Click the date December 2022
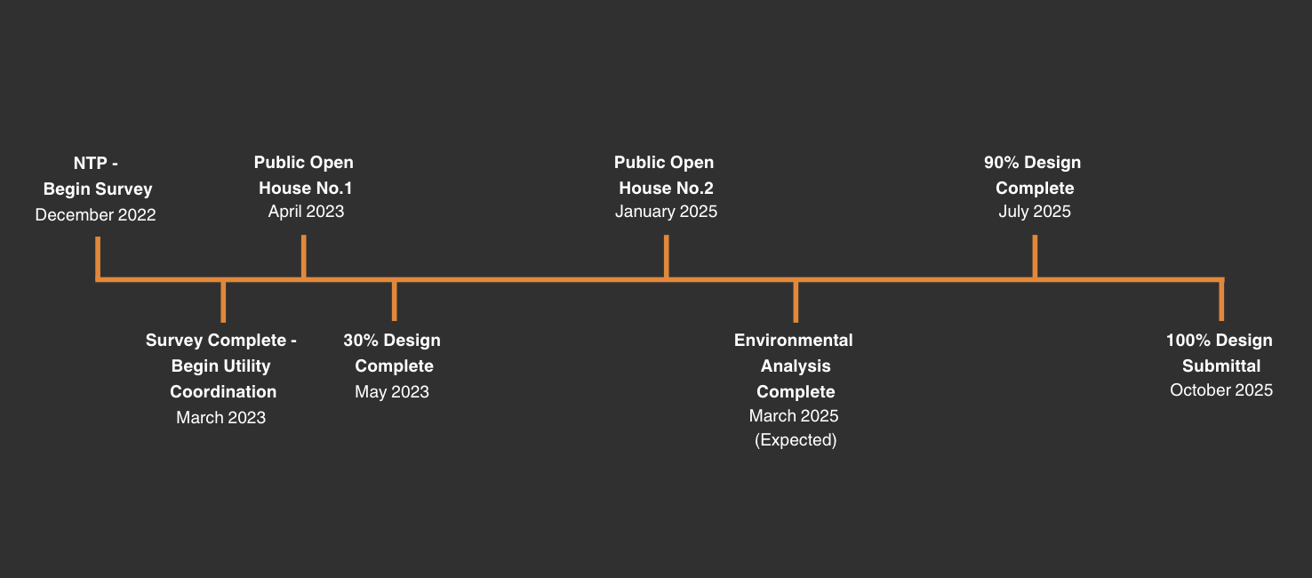point(95,215)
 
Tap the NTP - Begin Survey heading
point(97,176)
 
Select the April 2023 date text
point(306,212)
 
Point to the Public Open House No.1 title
point(304,174)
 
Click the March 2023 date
point(220,417)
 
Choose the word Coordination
point(223,391)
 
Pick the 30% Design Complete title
point(392,353)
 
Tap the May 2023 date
point(392,391)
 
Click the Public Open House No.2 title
point(664,174)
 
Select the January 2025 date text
point(666,212)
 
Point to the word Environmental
point(794,340)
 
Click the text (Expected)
point(796,440)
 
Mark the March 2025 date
point(794,415)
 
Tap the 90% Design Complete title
point(1033,174)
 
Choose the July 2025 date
point(1035,212)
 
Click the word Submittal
point(1221,365)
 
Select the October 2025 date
point(1221,390)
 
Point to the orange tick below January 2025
point(667,256)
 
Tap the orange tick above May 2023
point(394,301)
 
